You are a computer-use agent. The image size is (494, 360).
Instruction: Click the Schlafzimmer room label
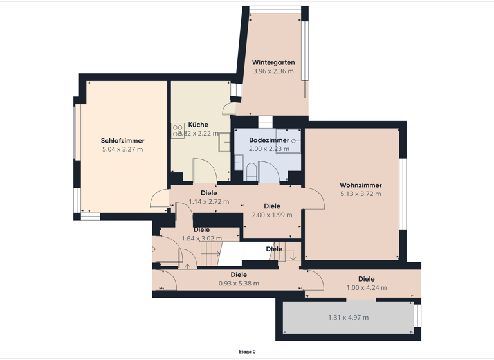pyautogui.click(x=122, y=141)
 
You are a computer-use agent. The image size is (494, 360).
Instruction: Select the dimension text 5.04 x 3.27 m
pyautogui.click(x=122, y=149)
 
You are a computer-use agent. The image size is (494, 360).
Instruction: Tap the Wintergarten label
pyautogui.click(x=273, y=62)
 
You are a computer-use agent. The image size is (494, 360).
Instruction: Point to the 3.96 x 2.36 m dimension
pyautogui.click(x=273, y=71)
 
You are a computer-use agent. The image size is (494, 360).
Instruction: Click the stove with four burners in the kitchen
pyautogui.click(x=178, y=130)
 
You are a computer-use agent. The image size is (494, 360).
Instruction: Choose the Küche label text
pyautogui.click(x=198, y=125)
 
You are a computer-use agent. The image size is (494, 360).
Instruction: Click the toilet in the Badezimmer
pyautogui.click(x=251, y=172)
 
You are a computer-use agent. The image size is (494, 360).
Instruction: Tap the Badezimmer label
pyautogui.click(x=269, y=139)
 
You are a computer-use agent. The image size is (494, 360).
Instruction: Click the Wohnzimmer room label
pyautogui.click(x=360, y=185)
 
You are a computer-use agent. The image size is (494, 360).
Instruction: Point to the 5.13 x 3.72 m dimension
pyautogui.click(x=360, y=194)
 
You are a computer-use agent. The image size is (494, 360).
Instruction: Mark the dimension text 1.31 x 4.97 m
pyautogui.click(x=348, y=318)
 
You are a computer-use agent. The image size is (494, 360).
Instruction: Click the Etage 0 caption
pyautogui.click(x=247, y=352)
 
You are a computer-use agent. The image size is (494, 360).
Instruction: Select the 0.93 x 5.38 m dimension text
pyautogui.click(x=239, y=283)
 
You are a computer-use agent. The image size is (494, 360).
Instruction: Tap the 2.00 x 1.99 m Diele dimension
pyautogui.click(x=271, y=215)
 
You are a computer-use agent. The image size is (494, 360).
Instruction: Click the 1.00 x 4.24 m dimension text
pyautogui.click(x=367, y=287)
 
